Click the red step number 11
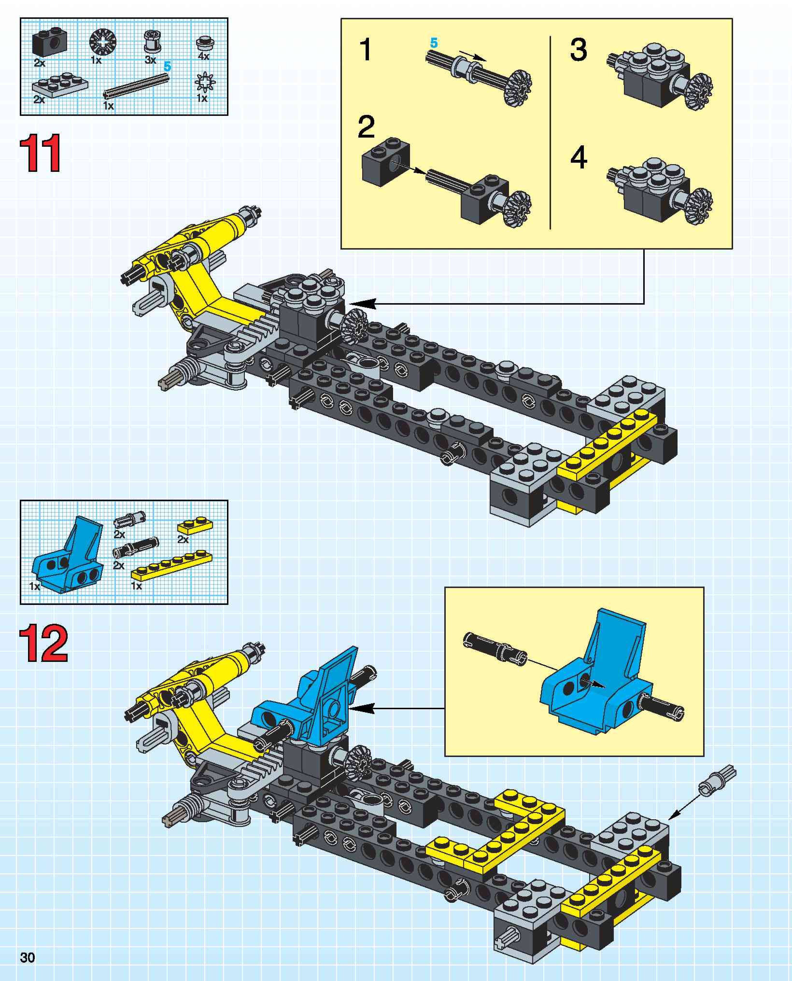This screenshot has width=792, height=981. [x=40, y=153]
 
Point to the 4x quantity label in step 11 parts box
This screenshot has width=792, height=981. [x=204, y=56]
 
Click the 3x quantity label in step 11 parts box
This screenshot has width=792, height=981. [x=150, y=60]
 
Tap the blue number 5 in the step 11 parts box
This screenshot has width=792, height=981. [x=167, y=67]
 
